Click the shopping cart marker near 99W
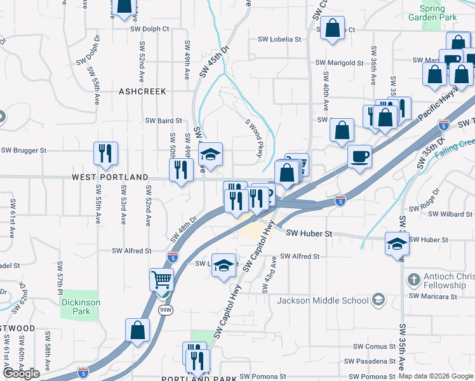pos(162,279)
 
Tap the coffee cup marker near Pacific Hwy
pos(360,156)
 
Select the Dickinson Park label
pos(81,307)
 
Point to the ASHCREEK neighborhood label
pos(142,91)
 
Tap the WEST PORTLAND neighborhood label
pos(110,177)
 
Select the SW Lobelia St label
pos(279,39)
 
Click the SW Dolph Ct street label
pos(149,29)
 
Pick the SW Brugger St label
pos(24,150)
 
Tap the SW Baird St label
pos(164,120)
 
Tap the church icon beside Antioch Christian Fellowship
pos(413,279)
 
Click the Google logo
pos(22,373)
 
